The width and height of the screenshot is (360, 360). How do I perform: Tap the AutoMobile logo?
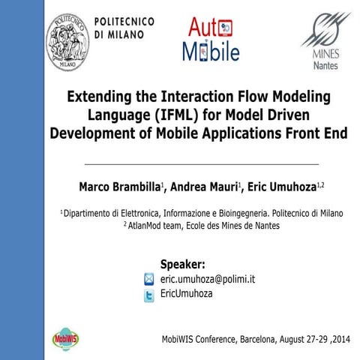pyautogui.click(x=211, y=40)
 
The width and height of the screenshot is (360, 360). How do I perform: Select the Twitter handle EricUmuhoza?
pyautogui.click(x=187, y=294)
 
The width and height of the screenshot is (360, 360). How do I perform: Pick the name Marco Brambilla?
pyautogui.click(x=119, y=185)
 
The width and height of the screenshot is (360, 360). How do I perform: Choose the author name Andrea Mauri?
pyautogui.click(x=205, y=185)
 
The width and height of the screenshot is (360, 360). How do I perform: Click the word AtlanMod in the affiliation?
pyautogui.click(x=148, y=224)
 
